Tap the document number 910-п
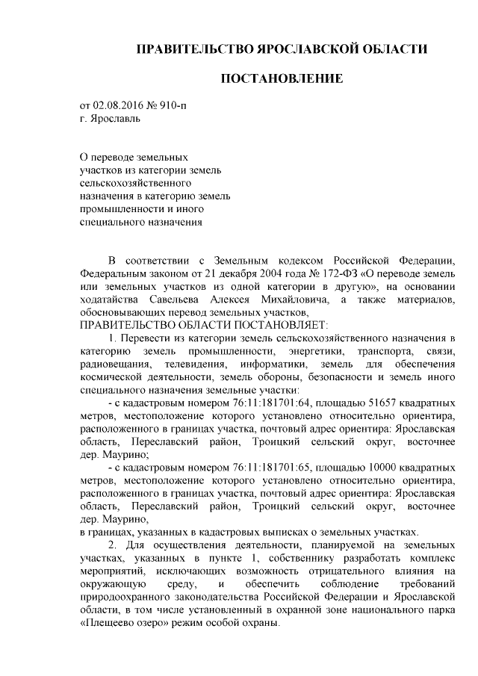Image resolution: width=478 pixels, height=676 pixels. point(173,106)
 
